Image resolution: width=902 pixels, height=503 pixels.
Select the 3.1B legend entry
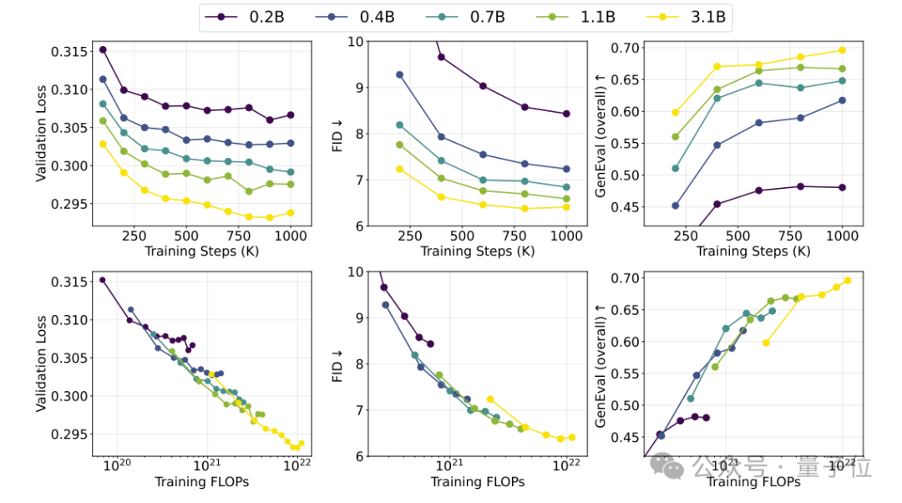click(x=687, y=18)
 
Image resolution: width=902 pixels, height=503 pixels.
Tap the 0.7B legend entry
click(x=465, y=18)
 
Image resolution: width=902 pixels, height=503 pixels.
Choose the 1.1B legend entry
click(x=575, y=18)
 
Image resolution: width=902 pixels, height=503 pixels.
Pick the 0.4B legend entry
click(x=355, y=18)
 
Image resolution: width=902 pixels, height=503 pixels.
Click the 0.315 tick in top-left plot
click(x=69, y=52)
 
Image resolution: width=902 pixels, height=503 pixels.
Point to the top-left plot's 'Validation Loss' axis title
click(x=40, y=134)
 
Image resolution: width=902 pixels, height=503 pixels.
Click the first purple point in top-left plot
click(x=103, y=49)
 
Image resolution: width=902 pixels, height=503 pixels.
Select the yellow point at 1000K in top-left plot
click(x=291, y=213)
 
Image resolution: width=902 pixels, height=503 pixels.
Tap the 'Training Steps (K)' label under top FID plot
click(x=478, y=251)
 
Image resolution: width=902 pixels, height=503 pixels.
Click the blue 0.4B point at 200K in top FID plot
click(x=399, y=75)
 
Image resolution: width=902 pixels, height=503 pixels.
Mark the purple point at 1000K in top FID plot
click(x=566, y=114)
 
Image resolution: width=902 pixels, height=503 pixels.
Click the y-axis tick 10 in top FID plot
click(x=356, y=42)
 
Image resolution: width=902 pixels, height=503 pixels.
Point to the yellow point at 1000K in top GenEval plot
click(x=842, y=51)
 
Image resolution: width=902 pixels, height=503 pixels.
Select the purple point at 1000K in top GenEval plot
click(x=842, y=188)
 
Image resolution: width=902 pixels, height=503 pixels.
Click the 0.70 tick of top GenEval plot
click(x=625, y=48)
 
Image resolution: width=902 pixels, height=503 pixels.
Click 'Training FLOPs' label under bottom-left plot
click(x=202, y=482)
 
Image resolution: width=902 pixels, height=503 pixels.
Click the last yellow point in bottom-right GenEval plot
click(x=848, y=281)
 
